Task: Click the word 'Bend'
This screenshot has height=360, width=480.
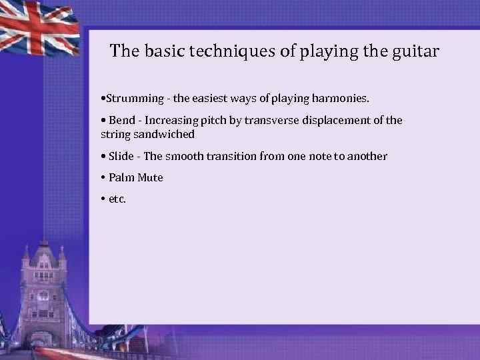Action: coord(122,121)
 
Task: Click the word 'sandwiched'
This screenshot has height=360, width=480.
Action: coord(164,134)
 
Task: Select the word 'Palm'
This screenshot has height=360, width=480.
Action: coord(121,178)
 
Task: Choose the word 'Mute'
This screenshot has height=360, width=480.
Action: coord(150,178)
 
